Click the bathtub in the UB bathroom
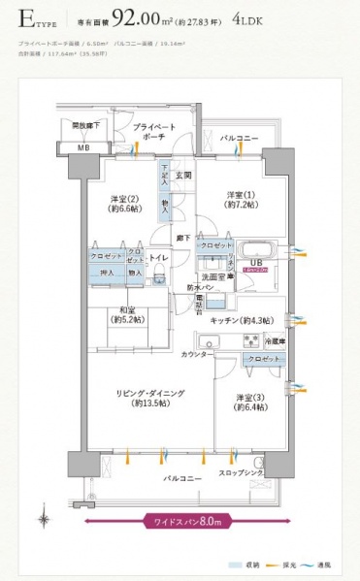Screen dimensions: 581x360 coord(256,248)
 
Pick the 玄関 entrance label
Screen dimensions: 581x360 coord(184,176)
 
